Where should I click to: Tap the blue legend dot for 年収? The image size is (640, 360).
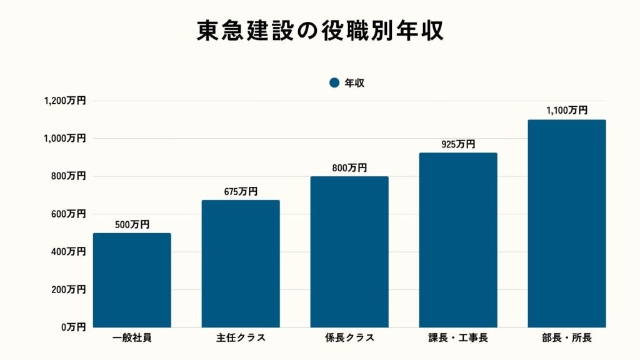coord(334,82)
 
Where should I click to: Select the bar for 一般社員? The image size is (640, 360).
coord(132,280)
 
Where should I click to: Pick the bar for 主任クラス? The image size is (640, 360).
coord(241,264)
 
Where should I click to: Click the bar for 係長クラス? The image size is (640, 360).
coord(349,252)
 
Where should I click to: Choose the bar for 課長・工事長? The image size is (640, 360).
coord(458,240)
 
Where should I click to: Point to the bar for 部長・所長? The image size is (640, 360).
coord(567,224)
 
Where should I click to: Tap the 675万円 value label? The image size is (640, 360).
coord(241,192)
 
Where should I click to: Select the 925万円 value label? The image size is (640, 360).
coord(458,144)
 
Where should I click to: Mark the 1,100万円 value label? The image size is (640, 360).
coord(567,111)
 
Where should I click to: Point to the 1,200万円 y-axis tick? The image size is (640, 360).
coord(65,101)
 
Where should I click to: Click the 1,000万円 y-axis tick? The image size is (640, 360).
coord(65,138)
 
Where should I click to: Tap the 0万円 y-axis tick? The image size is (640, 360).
coord(73,327)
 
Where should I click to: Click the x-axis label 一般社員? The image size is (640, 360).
coord(132,338)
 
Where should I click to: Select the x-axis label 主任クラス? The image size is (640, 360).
coord(241,338)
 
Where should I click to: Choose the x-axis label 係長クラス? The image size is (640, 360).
coord(349,338)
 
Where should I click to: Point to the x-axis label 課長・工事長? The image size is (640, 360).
coord(458,338)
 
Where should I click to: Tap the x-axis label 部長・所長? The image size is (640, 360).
coord(567,338)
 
